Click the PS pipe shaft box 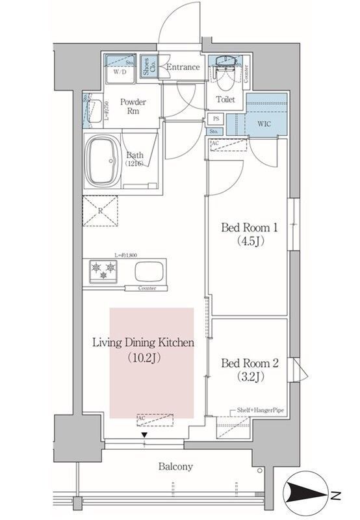tap(215, 119)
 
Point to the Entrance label tap(182, 68)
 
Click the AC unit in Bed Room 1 tap(229, 145)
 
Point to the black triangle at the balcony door tap(145, 434)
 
